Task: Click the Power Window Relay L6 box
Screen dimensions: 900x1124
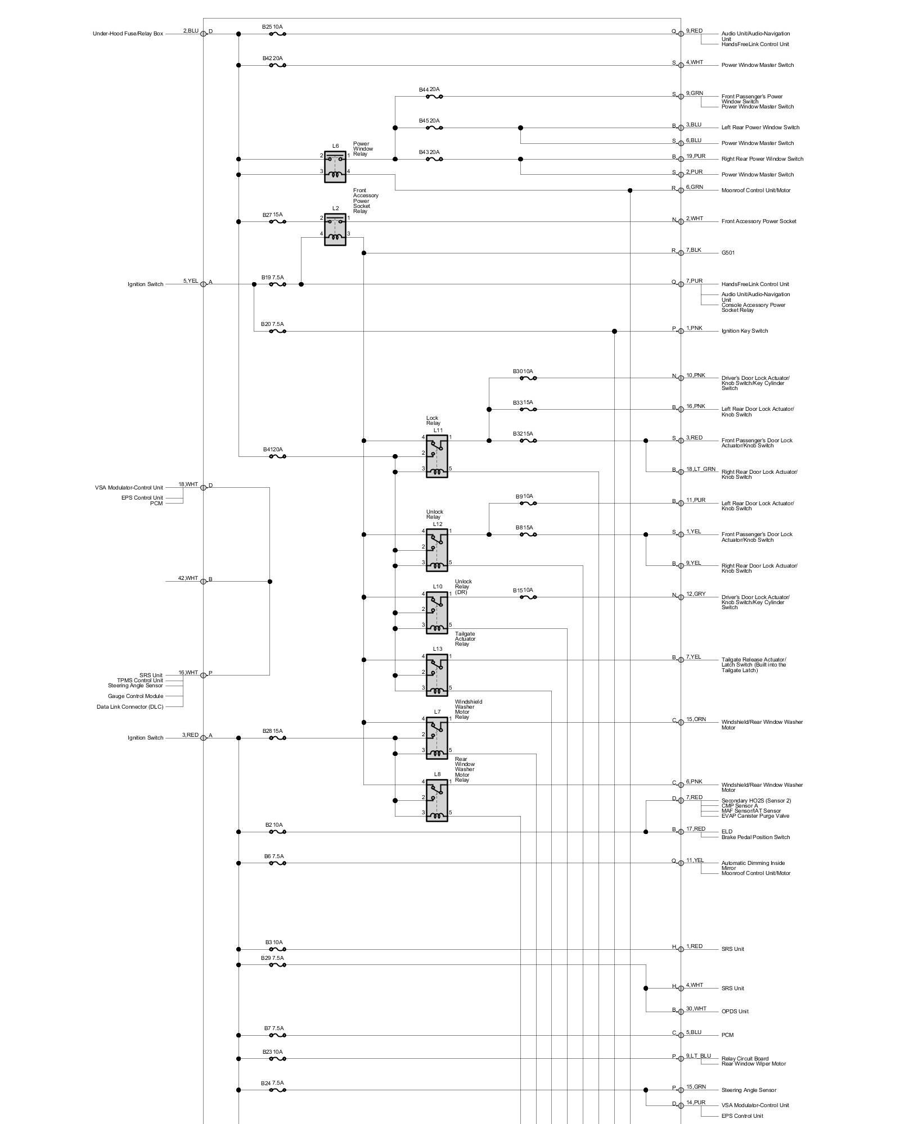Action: pos(335,167)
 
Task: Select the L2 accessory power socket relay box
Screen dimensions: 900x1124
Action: pos(335,229)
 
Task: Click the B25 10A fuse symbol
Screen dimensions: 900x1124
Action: pos(277,34)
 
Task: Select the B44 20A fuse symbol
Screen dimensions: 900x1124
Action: pos(434,97)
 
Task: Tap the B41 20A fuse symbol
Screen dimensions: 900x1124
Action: pos(277,456)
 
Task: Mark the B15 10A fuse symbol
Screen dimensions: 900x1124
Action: pos(528,597)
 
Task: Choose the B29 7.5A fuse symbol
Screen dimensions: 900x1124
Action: pos(277,965)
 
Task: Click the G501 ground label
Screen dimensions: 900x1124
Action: pos(728,253)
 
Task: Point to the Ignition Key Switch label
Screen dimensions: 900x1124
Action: pos(745,331)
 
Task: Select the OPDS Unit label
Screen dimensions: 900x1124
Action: pos(735,1012)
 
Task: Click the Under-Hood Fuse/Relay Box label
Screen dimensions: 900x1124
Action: pos(128,34)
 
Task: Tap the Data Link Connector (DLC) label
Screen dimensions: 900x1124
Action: pos(130,707)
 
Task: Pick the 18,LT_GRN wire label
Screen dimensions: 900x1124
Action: pos(700,469)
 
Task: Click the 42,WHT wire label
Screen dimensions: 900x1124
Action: pos(188,578)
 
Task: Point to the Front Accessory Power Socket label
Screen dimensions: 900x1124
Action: pos(759,221)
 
